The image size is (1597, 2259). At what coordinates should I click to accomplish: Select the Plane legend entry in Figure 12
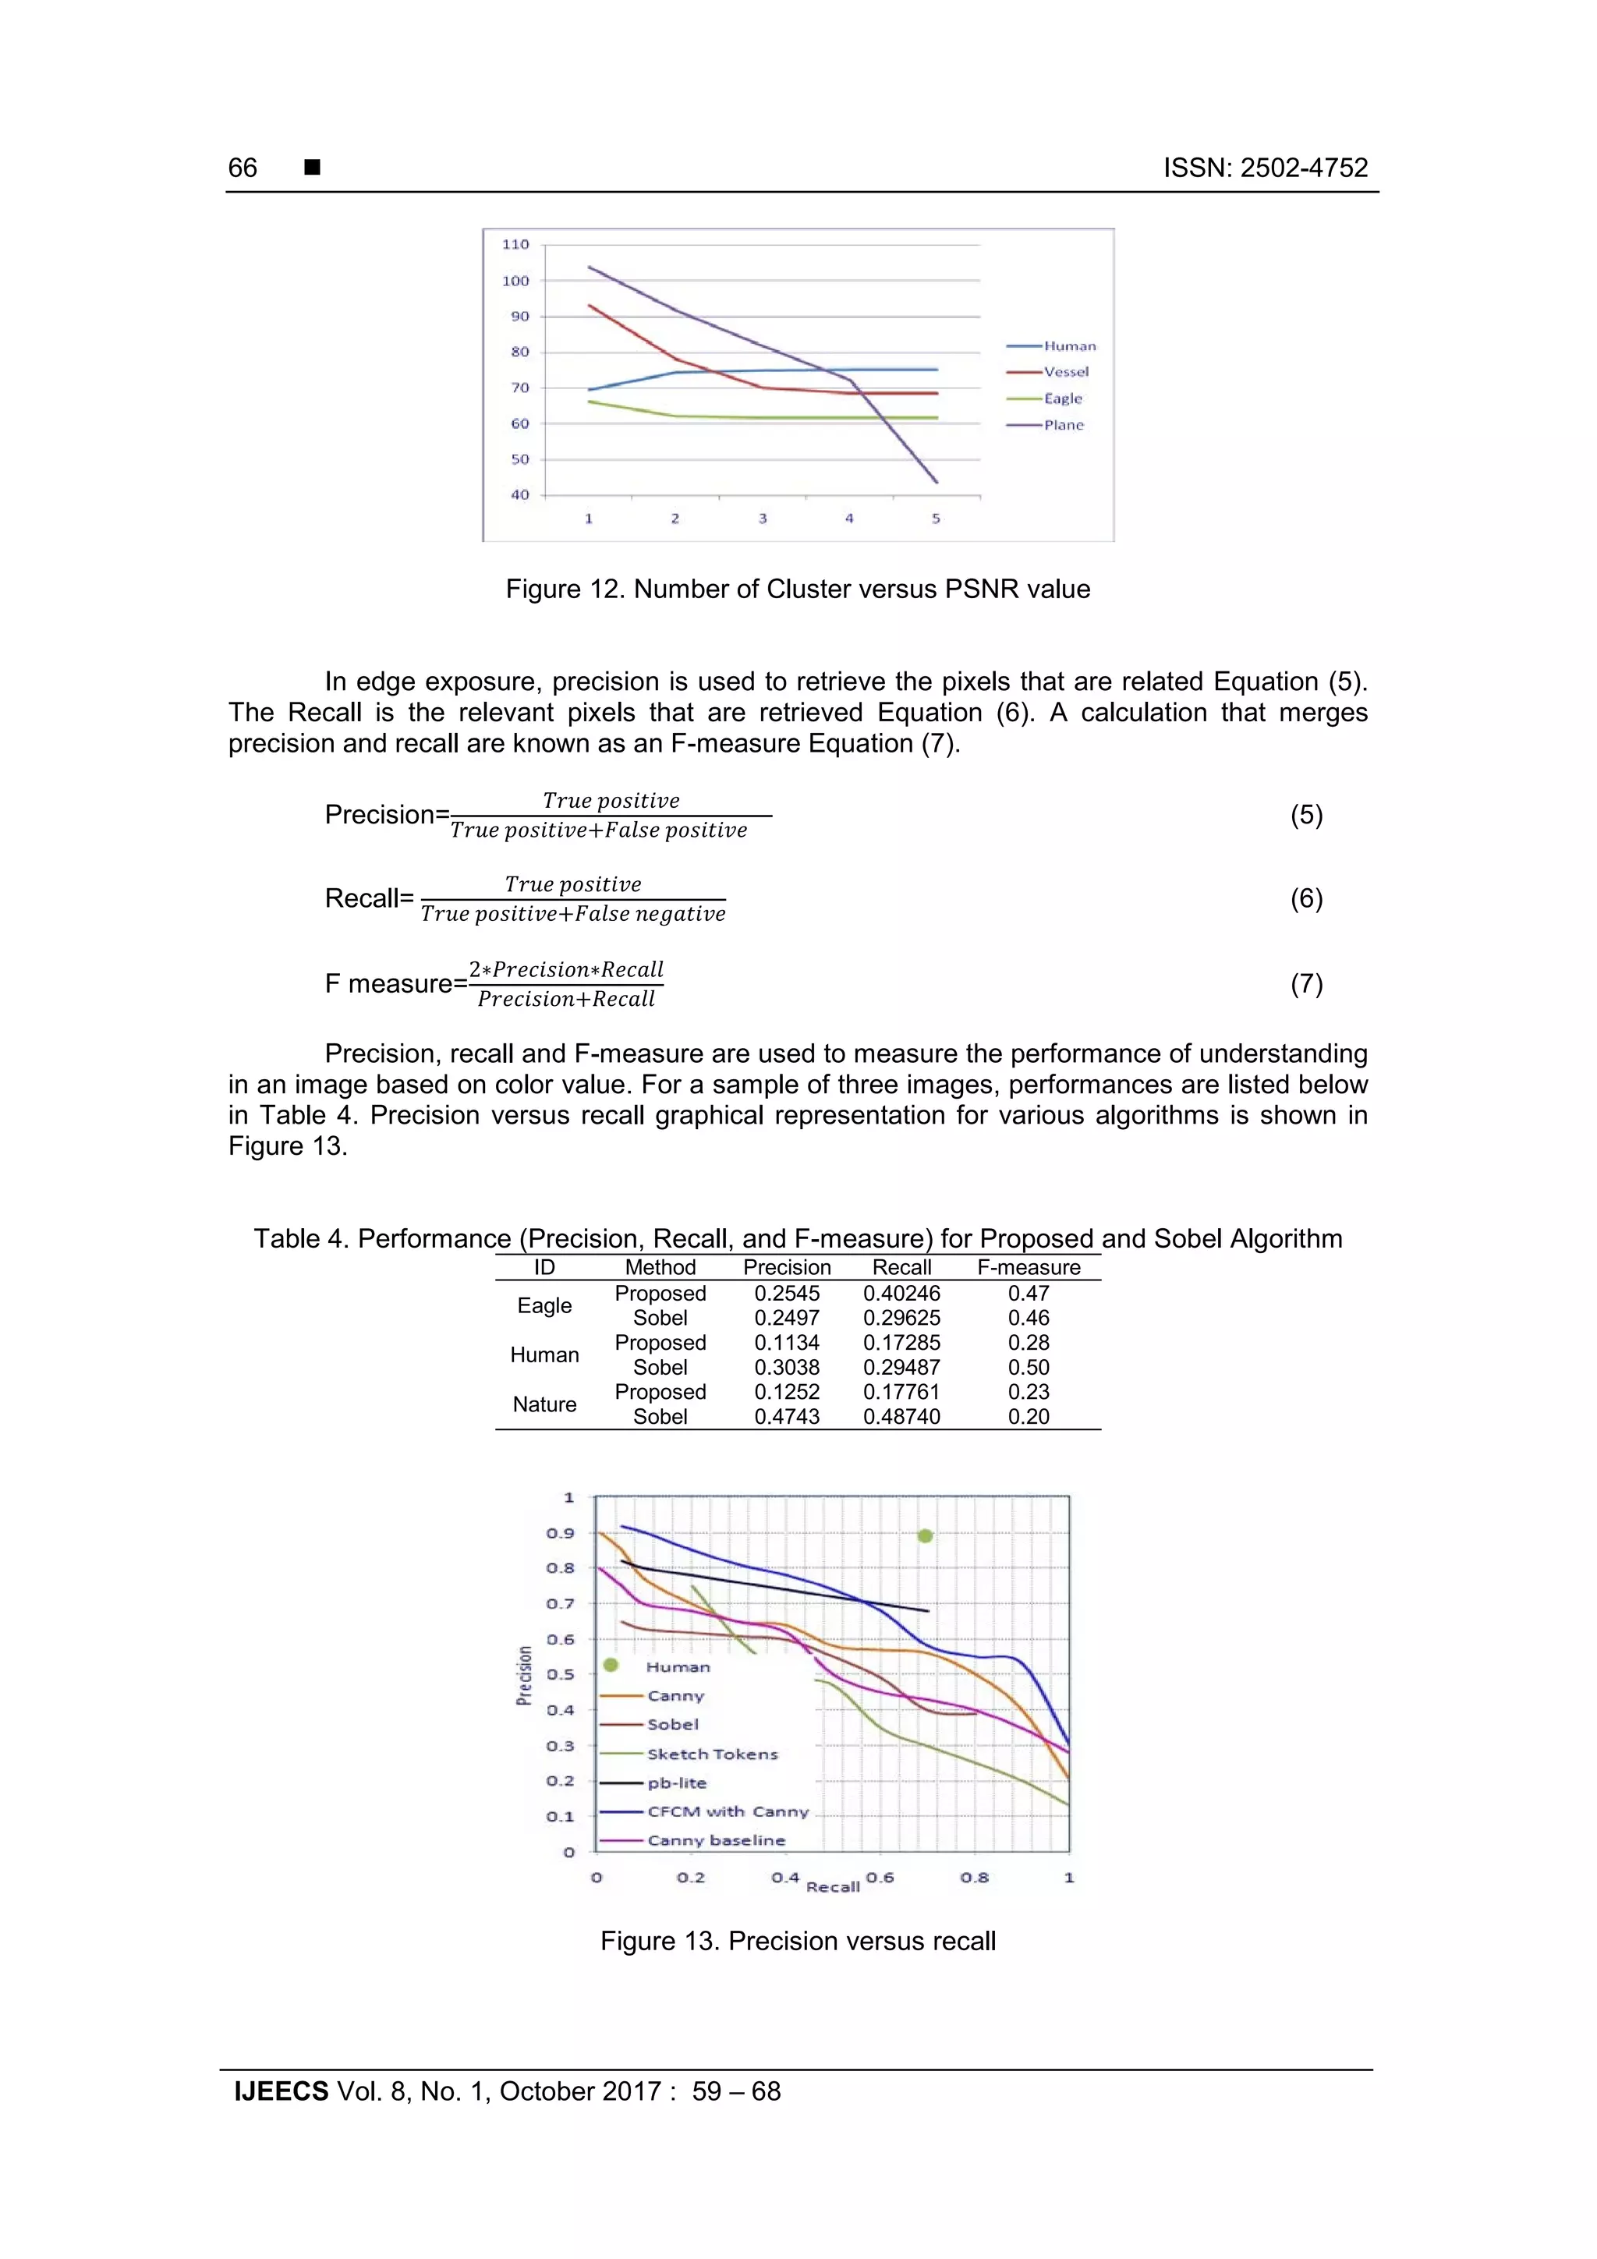coord(1063,425)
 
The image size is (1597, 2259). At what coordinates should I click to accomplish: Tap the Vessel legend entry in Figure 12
coord(1066,372)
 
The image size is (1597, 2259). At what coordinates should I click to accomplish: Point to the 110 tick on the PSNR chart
coord(515,244)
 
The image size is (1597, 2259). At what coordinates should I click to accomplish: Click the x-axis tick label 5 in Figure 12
coord(936,519)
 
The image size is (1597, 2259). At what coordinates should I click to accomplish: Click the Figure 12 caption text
coord(797,589)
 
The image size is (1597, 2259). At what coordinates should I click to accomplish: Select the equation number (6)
coord(1305,898)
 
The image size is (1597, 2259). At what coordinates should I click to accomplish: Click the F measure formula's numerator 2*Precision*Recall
coord(566,969)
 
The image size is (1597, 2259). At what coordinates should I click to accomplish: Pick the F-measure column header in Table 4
coord(1029,1267)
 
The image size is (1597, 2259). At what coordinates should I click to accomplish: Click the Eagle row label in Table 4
coord(544,1305)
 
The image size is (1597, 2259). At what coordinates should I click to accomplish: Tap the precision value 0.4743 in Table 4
coord(786,1417)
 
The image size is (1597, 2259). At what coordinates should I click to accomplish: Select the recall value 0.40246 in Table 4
coord(901,1294)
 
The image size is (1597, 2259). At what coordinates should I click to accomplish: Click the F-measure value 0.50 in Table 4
coord(1029,1368)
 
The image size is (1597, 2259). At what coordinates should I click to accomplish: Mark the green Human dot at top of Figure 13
coord(924,1536)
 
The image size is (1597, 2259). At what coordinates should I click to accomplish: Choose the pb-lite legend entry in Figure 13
coord(677,1783)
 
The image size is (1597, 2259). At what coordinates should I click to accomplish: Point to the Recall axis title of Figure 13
coord(833,1886)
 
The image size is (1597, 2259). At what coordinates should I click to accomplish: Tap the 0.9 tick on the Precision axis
coord(561,1533)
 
